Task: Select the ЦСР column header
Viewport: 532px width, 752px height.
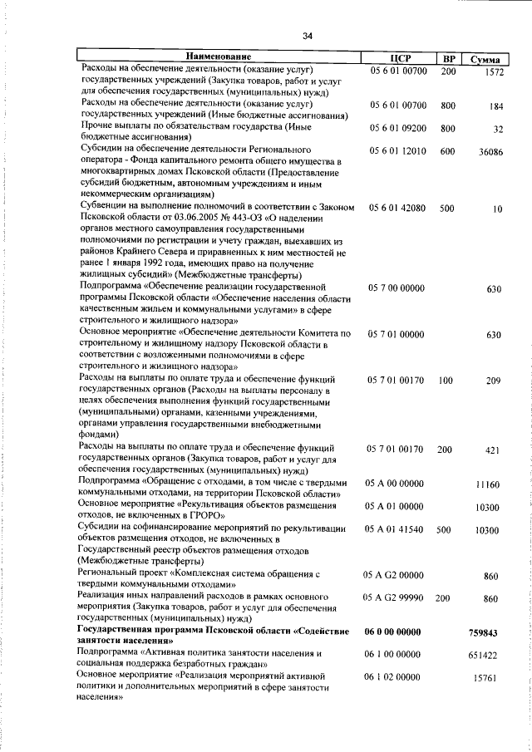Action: click(x=396, y=58)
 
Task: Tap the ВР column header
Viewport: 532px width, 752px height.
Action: click(x=448, y=58)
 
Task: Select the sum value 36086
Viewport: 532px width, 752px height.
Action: click(x=490, y=152)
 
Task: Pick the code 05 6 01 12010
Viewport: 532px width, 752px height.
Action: click(x=397, y=151)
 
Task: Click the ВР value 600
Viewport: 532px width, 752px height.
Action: click(x=447, y=151)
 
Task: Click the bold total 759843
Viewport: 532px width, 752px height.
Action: click(x=488, y=632)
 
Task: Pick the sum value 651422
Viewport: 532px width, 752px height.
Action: click(x=488, y=655)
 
